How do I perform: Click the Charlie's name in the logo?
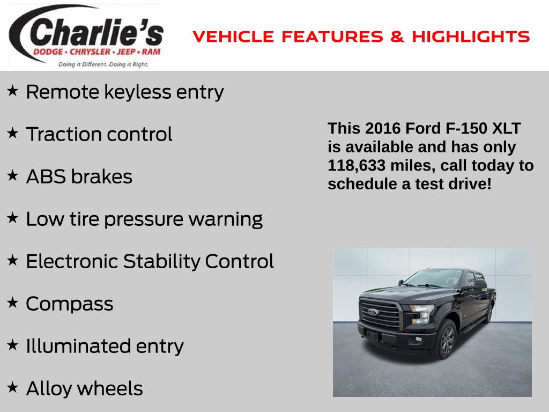(97, 32)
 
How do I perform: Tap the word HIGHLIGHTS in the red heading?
(471, 36)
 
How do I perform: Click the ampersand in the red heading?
(397, 36)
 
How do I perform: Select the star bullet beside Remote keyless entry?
(12, 91)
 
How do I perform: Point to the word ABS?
(46, 176)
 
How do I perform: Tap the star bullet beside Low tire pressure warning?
(12, 218)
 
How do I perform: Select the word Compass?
(70, 304)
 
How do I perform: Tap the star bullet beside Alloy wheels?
(12, 387)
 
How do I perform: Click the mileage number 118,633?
(357, 165)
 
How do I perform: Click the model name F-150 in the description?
(466, 128)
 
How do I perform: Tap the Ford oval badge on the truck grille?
(373, 312)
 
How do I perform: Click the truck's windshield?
(433, 278)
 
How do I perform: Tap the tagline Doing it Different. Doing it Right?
(103, 64)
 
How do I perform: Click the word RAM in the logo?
(151, 52)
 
